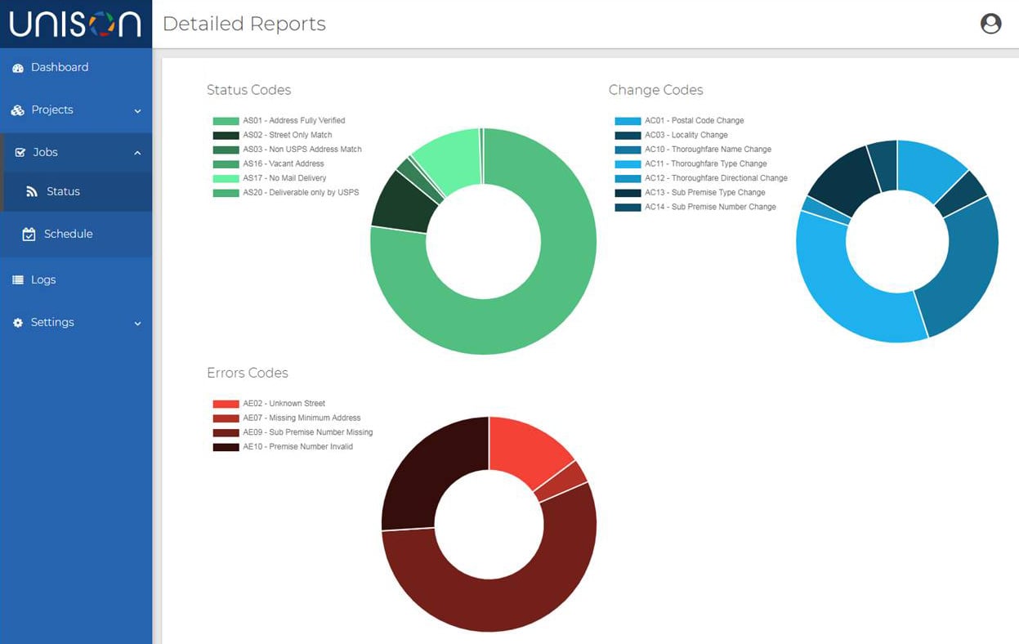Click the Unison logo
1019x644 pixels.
click(x=75, y=24)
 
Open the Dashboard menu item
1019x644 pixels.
click(x=59, y=68)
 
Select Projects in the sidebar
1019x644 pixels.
click(x=52, y=110)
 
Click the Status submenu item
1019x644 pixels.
click(x=63, y=192)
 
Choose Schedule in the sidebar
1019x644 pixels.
click(x=68, y=235)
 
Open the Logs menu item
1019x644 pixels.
click(x=43, y=280)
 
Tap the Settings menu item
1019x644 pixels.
click(x=52, y=323)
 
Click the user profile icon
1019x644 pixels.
click(x=990, y=24)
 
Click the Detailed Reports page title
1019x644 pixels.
click(x=244, y=25)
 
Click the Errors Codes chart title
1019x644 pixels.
click(x=247, y=373)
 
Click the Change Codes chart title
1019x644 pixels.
click(x=655, y=90)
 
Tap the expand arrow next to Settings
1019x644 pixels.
click(x=137, y=324)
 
